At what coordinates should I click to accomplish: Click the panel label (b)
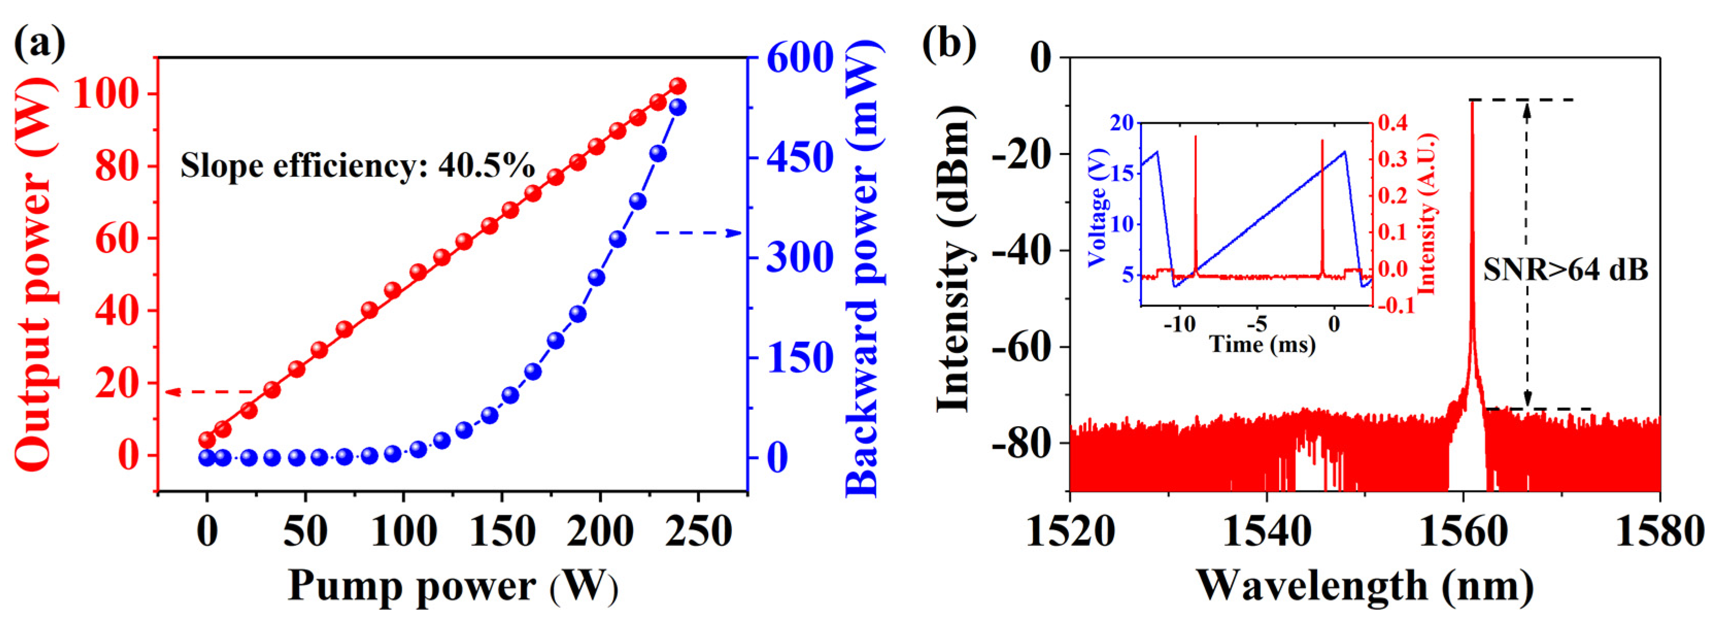[x=949, y=43]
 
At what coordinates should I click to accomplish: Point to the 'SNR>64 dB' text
[x=1565, y=271]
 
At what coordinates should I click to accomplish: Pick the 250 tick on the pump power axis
[x=698, y=532]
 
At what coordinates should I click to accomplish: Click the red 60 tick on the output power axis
[x=119, y=239]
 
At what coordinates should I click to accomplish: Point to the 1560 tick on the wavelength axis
[x=1463, y=532]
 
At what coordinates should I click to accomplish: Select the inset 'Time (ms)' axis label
[x=1262, y=345]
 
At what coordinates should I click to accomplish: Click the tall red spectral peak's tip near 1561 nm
[x=1467, y=102]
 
